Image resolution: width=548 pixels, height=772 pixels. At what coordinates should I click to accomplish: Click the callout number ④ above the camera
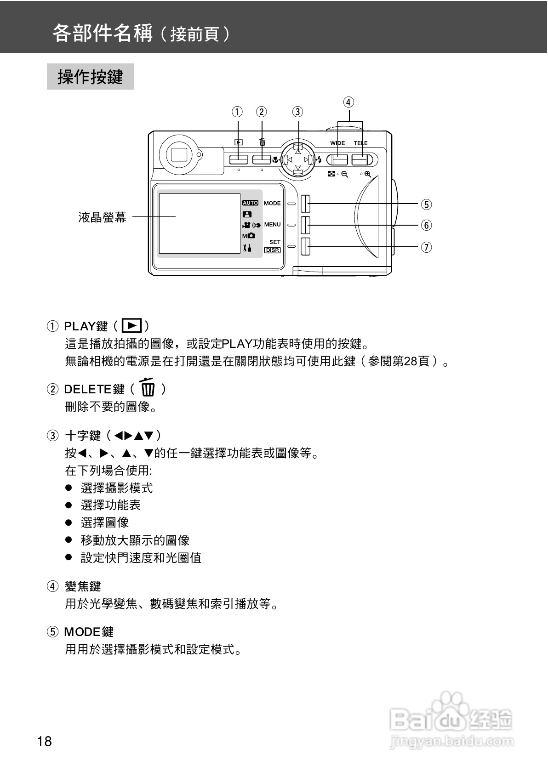click(348, 102)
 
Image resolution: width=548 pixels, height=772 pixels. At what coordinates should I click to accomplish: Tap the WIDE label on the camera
click(337, 143)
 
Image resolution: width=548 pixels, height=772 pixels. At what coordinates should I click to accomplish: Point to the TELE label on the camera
click(360, 143)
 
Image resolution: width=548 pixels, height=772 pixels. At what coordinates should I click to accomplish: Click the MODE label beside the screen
click(272, 203)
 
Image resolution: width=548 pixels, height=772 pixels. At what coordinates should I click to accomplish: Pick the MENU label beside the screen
click(272, 225)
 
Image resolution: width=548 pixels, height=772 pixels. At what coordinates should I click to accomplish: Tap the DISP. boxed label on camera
click(272, 250)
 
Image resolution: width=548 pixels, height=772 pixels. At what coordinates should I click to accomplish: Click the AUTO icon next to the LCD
click(250, 203)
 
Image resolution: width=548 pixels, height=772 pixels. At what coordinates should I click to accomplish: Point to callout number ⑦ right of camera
click(427, 247)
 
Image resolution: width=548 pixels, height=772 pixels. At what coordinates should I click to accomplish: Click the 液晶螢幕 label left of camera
click(102, 217)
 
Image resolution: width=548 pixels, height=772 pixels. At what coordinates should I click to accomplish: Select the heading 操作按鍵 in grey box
click(90, 77)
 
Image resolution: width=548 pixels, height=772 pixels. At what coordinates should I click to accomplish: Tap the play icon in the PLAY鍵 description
click(132, 326)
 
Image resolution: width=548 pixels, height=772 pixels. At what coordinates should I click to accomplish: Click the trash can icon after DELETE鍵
click(147, 387)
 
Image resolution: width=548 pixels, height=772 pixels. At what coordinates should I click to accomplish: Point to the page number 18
click(45, 741)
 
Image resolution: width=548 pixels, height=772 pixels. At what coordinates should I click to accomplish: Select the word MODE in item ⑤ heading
click(82, 632)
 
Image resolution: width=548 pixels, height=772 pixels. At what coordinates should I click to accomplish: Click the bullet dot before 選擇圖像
click(69, 522)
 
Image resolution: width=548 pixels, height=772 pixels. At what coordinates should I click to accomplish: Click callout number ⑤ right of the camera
click(427, 204)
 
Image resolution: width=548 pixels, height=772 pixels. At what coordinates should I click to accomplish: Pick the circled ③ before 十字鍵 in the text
click(53, 436)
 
